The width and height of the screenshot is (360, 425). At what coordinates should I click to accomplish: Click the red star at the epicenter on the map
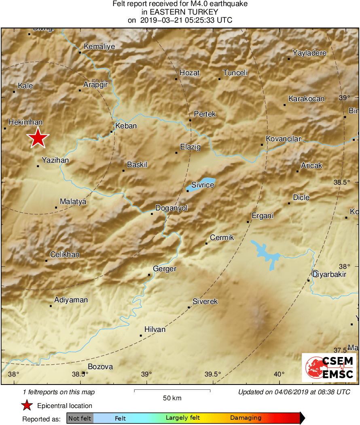coord(38,138)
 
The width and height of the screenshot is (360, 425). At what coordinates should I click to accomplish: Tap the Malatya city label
coord(73,201)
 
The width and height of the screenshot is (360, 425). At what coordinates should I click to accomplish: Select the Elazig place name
coord(190,147)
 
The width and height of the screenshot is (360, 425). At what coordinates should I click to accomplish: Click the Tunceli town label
coord(235,73)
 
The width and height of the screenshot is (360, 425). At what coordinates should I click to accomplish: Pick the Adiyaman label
coord(71,300)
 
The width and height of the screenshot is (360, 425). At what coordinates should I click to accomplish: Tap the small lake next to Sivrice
coord(201,184)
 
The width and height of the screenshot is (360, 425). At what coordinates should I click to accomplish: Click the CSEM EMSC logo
coord(330,367)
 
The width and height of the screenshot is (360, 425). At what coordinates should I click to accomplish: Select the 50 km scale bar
coord(172,391)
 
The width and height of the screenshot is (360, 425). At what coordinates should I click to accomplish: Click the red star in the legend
coord(27,406)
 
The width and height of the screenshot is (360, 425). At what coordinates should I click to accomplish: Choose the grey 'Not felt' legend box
coord(80,418)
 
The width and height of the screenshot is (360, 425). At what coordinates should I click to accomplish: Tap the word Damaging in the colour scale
coord(246,418)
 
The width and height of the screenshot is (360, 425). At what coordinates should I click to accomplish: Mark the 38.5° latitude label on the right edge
coord(342,182)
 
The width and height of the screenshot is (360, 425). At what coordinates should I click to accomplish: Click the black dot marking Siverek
coord(189,308)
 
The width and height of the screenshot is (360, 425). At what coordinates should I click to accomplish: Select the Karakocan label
coord(306,99)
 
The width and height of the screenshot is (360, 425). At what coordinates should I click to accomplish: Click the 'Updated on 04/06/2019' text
coord(294,392)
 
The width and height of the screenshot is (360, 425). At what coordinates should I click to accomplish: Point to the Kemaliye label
coord(99,47)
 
